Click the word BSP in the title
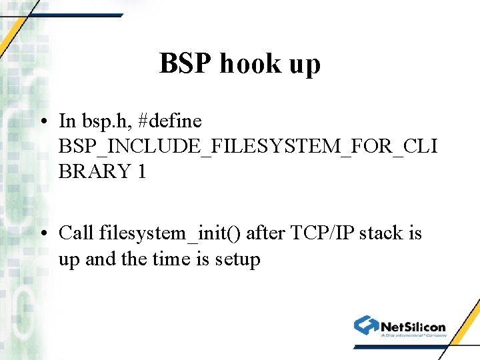185,64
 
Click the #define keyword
169,121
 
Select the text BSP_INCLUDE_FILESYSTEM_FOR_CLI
248,147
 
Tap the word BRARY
94,171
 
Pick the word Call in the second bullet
76,233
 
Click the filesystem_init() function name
170,234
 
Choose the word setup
237,259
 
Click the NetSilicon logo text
413,326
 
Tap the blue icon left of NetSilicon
366,325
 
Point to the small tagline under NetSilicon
413,335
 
